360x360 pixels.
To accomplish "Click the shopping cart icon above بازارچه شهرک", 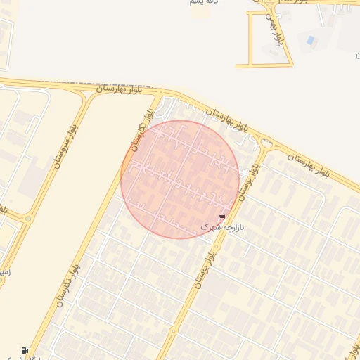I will pyautogui.click(x=223, y=218).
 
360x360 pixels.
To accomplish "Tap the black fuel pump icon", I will pyautogui.click(x=25, y=350).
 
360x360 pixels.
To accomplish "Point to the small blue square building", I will pyautogui.click(x=311, y=40).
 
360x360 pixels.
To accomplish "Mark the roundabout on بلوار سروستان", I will pyautogui.click(x=29, y=219).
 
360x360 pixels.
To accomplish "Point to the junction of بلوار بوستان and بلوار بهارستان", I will pyautogui.click(x=267, y=143).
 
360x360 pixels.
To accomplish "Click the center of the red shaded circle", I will pyautogui.click(x=180, y=179).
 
